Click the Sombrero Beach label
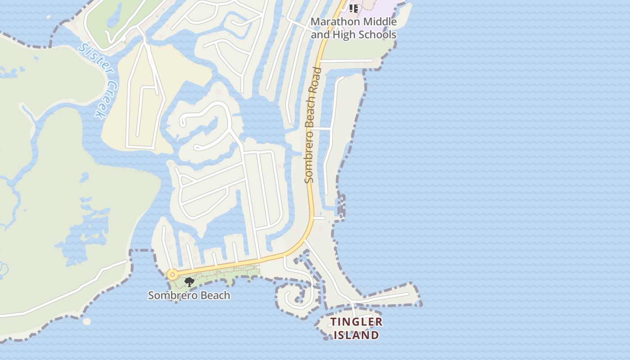coord(189,296)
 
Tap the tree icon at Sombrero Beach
coord(189,282)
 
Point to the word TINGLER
coord(356,322)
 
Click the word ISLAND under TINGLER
coord(356,335)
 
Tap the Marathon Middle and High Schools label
coord(354,28)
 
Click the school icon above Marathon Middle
coord(354,8)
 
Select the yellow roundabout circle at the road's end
coord(172,274)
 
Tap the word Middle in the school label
coord(381,22)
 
